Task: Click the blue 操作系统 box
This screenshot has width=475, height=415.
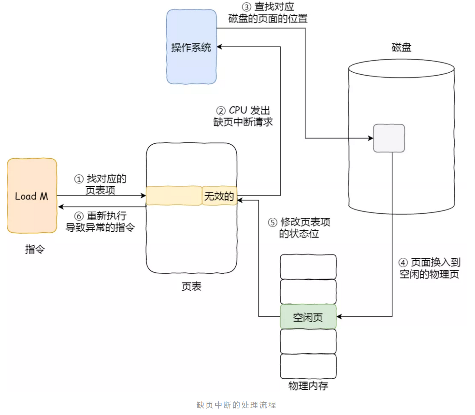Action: (x=191, y=47)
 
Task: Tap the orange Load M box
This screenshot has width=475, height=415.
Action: (x=32, y=196)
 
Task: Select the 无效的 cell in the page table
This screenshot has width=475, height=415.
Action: (x=219, y=196)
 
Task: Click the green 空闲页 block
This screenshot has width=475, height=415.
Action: (x=308, y=317)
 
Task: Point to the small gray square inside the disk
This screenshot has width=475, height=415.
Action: (x=389, y=138)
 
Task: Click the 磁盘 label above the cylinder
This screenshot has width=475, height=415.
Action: (x=402, y=47)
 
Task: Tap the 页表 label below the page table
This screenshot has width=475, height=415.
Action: (x=191, y=287)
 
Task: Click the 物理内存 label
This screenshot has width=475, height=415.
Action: (x=308, y=386)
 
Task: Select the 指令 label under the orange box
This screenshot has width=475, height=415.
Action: (x=35, y=249)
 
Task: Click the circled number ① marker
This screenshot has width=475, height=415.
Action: (x=79, y=179)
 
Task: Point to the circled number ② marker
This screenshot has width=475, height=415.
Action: (x=221, y=111)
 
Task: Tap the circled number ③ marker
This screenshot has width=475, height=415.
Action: (x=246, y=7)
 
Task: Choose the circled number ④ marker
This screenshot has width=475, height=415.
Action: (x=403, y=263)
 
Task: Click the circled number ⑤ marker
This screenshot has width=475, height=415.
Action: (x=273, y=222)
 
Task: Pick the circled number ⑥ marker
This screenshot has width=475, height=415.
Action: (x=79, y=216)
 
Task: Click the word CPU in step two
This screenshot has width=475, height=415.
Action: (x=238, y=110)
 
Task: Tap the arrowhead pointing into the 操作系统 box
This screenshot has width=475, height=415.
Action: (x=219, y=47)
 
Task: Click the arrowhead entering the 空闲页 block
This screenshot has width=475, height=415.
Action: (x=339, y=317)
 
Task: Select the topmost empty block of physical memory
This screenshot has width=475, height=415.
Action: (x=308, y=267)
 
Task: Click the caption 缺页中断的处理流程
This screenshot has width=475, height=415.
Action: (x=236, y=405)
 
